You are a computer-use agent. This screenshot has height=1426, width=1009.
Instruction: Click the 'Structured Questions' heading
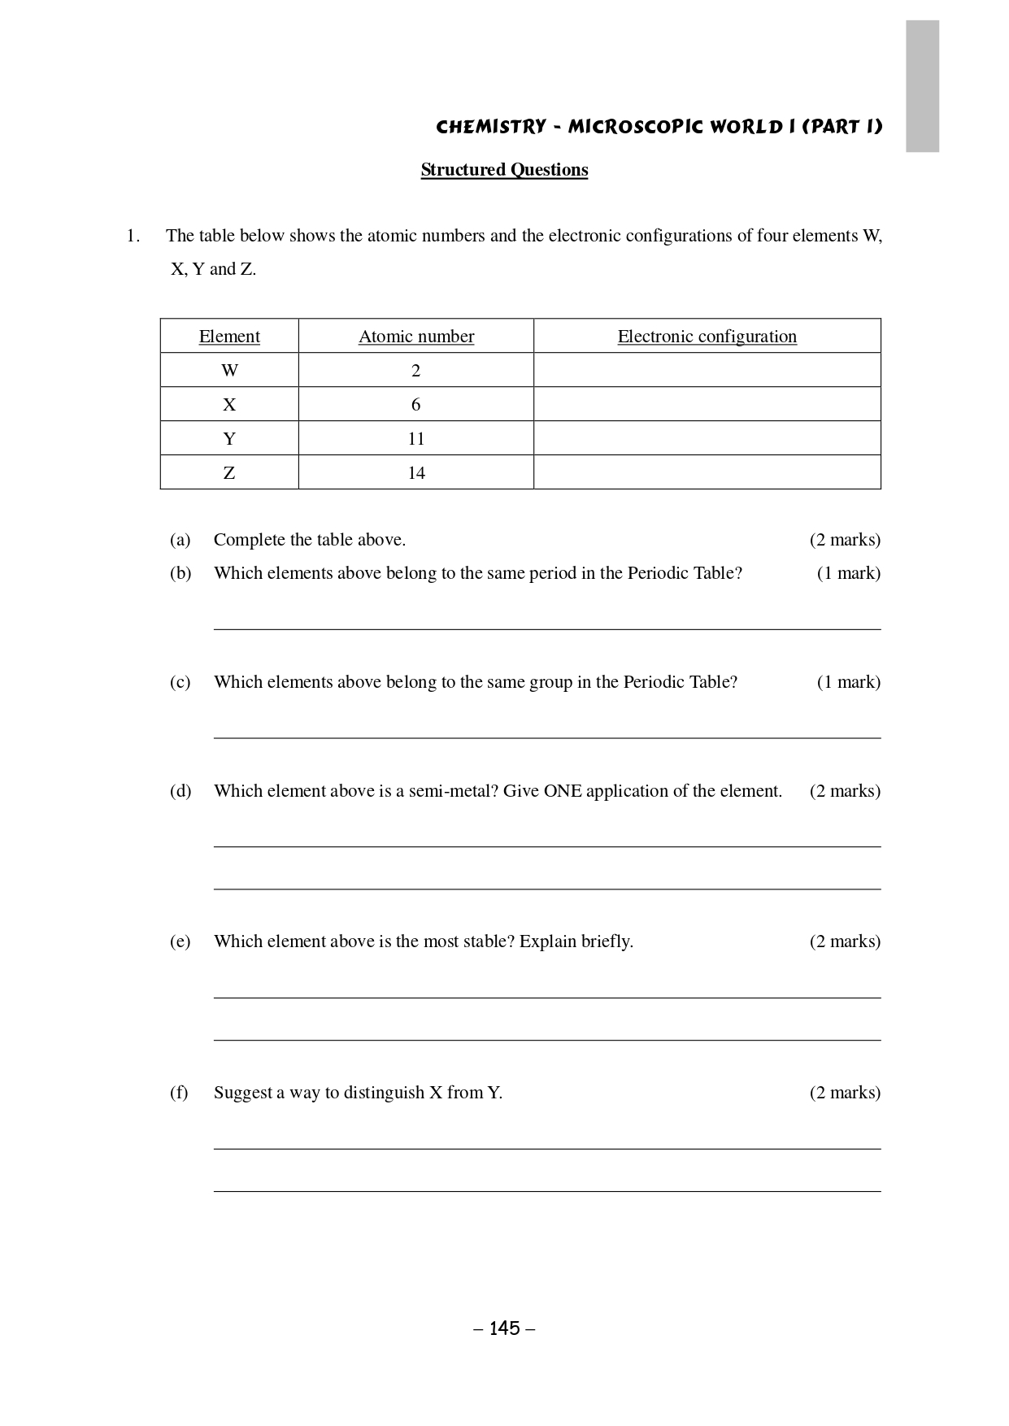click(504, 170)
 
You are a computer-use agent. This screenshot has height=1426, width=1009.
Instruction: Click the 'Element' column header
click(229, 337)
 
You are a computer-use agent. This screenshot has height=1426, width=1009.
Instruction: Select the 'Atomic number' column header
click(415, 337)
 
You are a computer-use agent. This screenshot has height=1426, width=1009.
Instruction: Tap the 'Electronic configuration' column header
click(707, 337)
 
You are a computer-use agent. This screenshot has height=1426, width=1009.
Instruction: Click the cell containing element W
click(229, 371)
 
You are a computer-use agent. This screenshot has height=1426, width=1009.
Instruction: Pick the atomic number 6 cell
click(415, 405)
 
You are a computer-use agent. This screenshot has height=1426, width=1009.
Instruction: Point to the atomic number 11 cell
click(415, 439)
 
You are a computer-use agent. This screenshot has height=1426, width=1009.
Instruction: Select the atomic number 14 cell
click(415, 473)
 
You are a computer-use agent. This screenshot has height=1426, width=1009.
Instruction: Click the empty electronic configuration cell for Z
click(707, 472)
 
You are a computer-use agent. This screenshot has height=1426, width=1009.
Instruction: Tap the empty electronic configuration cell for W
click(707, 370)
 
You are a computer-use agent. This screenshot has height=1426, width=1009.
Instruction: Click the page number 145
click(504, 1328)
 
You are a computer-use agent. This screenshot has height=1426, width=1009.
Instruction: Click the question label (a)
click(180, 540)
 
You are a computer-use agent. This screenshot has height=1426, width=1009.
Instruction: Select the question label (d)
click(180, 791)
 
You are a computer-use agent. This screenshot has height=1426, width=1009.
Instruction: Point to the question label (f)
click(179, 1093)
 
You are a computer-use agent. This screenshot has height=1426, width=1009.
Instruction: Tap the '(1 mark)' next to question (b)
click(848, 573)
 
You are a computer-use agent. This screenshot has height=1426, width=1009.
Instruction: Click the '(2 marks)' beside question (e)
click(845, 941)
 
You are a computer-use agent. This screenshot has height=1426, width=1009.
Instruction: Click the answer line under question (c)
click(546, 737)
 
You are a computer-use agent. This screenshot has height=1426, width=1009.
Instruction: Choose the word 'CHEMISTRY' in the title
click(491, 127)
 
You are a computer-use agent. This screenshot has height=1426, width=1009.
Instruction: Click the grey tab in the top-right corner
click(922, 86)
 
